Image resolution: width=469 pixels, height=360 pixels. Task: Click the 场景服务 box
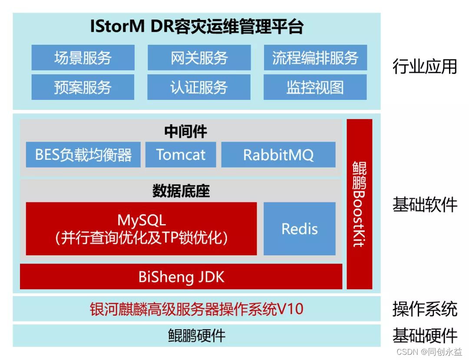coord(83,58)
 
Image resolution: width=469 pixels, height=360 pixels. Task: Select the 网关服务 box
coord(199,58)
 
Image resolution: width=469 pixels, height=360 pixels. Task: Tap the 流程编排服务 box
coord(315,58)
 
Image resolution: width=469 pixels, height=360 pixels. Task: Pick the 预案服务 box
coord(83,87)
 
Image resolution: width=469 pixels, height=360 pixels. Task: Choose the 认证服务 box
coord(199,87)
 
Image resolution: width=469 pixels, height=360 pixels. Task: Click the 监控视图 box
coord(315,87)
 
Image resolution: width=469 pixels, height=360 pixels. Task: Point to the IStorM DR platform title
coord(196,27)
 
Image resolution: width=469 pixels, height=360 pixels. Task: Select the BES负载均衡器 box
coord(83,155)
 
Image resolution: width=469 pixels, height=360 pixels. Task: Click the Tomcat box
coord(181,155)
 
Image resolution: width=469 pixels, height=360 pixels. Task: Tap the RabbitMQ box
coord(278,155)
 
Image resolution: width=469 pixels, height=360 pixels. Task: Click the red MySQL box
coord(141,228)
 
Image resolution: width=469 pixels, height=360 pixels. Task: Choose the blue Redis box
coord(300,228)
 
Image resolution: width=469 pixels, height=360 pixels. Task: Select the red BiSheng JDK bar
coord(181,277)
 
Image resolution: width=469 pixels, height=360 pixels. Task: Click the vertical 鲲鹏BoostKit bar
coord(359,204)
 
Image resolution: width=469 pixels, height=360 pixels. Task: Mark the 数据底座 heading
coord(181,191)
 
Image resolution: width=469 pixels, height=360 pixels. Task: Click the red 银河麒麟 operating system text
coord(196,309)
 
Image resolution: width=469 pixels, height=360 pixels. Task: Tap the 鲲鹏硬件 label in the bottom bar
coord(196,336)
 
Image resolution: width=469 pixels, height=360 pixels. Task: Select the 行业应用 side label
coord(424,66)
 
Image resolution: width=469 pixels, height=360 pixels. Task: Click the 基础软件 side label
coord(424,204)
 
